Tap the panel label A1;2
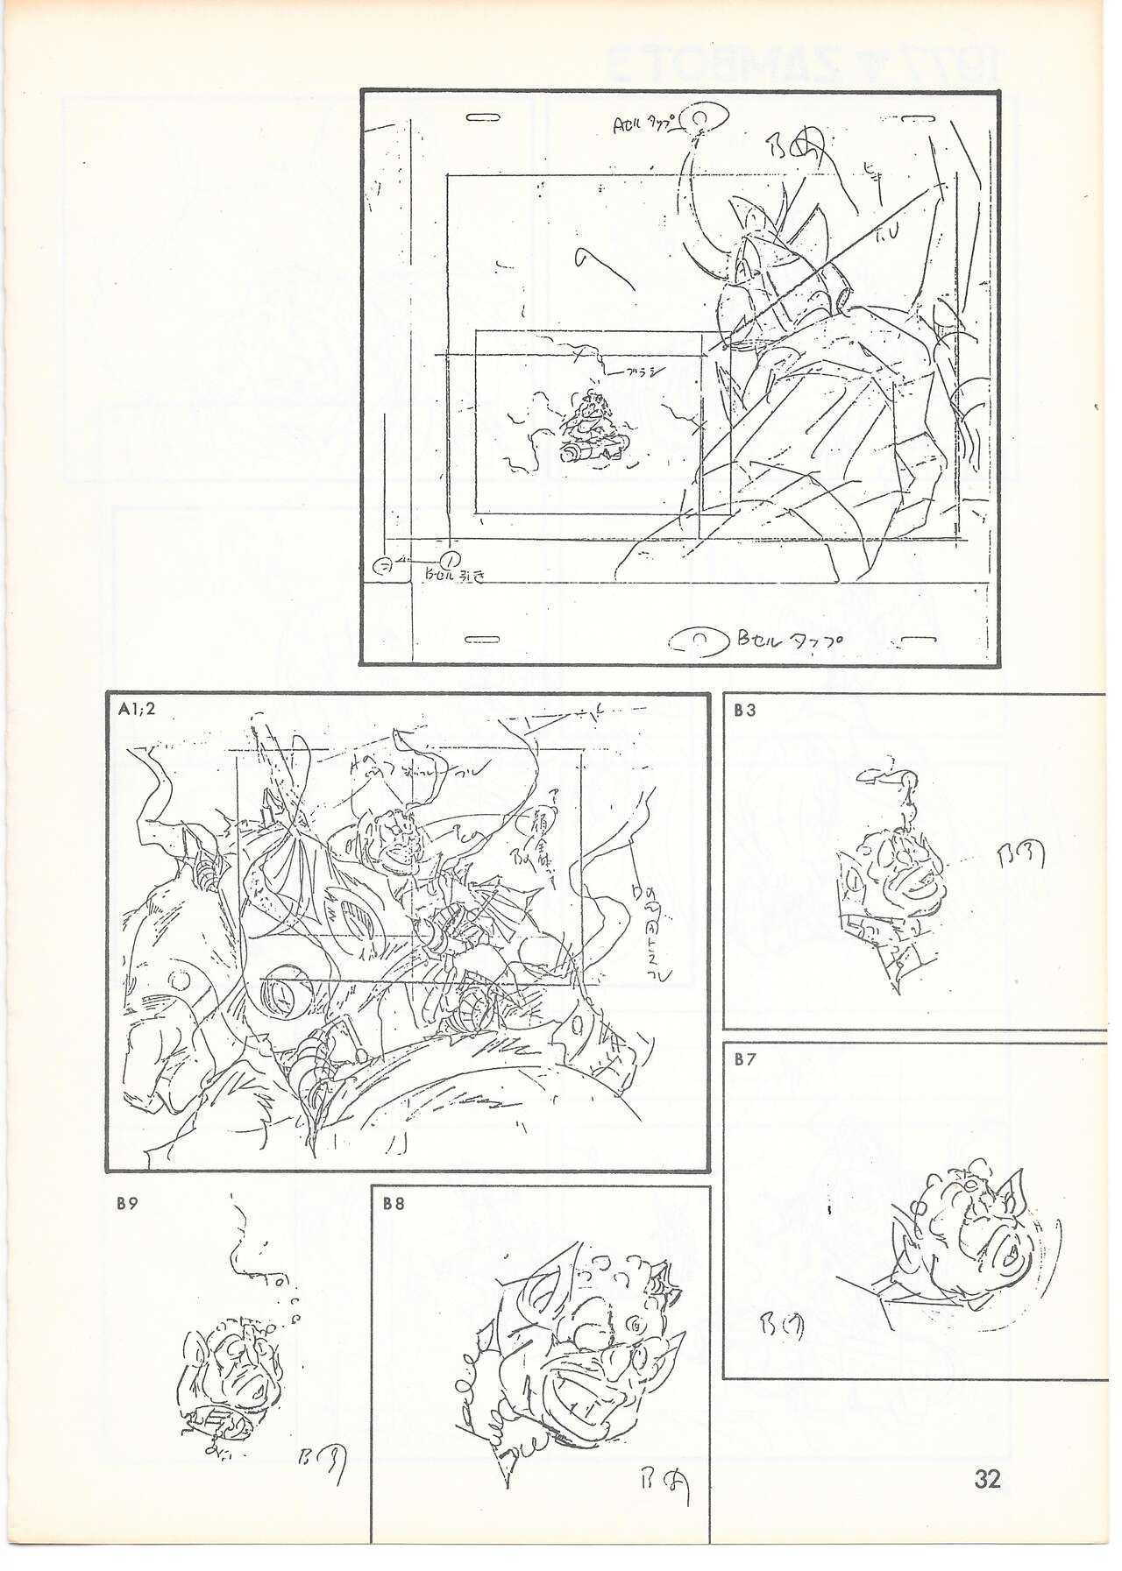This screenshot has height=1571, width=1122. click(137, 710)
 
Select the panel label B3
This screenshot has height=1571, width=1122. click(745, 711)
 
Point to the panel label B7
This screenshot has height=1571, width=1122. click(745, 1059)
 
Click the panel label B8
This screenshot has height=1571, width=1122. click(394, 1203)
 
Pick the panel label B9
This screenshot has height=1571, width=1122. click(127, 1203)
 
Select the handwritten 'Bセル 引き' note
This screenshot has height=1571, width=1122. click(453, 576)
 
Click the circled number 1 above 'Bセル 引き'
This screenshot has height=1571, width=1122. click(450, 557)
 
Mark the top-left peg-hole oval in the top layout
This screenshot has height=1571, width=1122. click(483, 117)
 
